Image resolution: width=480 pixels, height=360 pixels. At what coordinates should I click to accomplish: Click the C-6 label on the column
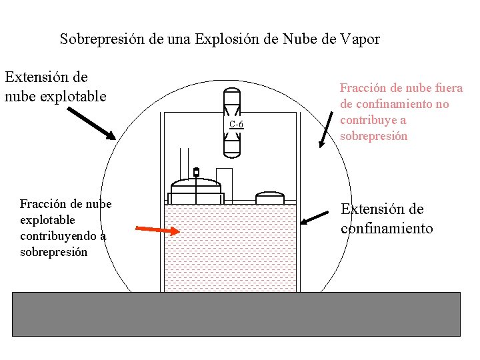236,125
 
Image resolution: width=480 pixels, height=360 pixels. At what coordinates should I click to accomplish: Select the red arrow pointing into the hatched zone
158,231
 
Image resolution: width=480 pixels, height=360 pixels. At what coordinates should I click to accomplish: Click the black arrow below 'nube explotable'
91,124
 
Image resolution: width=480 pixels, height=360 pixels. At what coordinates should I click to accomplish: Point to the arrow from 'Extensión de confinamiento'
315,218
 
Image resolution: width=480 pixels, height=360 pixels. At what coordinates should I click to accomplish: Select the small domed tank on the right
270,198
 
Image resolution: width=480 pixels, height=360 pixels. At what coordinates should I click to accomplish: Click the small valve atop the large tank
196,172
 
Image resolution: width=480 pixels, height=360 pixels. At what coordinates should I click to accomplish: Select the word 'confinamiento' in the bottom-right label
387,229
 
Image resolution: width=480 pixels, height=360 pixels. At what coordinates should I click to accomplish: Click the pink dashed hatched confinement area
231,253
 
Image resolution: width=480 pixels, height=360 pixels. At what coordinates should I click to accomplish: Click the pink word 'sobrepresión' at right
373,136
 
